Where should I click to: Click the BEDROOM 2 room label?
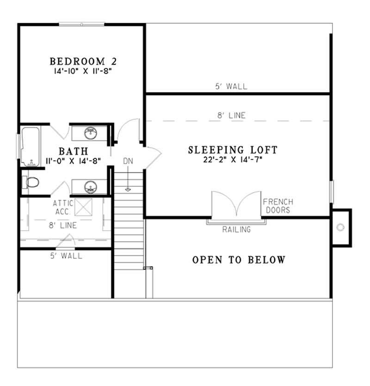click(x=83, y=61)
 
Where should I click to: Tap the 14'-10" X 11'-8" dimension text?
click(x=83, y=71)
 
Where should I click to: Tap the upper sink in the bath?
click(x=90, y=134)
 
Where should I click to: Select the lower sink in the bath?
click(x=90, y=187)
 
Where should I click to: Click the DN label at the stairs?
click(x=128, y=161)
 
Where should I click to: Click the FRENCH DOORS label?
click(x=277, y=206)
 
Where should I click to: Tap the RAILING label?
click(x=236, y=229)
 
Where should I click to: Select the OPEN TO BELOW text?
click(x=239, y=260)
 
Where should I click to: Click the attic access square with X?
click(x=84, y=207)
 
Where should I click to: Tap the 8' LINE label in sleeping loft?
click(x=231, y=116)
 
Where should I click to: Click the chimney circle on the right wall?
click(x=341, y=227)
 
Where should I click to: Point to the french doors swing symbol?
click(x=237, y=204)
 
